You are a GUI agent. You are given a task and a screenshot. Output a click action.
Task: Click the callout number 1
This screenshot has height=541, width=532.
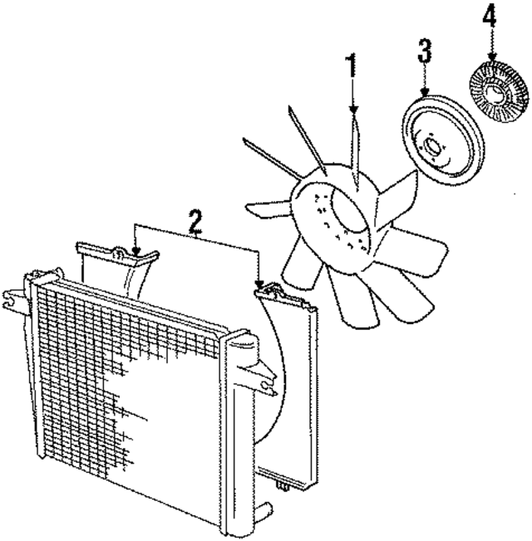tap(352, 66)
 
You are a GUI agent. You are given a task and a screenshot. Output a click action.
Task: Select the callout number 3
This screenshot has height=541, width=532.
tap(425, 51)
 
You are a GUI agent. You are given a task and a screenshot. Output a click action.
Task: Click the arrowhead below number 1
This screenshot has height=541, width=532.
tap(353, 110)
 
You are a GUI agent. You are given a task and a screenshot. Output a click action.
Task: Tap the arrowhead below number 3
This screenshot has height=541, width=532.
tap(425, 91)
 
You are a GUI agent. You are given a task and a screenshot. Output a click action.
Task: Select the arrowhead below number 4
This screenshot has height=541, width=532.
tap(492, 56)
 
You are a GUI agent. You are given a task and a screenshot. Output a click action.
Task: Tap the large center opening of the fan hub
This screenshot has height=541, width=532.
tap(348, 210)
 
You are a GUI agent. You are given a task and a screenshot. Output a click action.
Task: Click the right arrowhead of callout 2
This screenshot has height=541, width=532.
tap(259, 284)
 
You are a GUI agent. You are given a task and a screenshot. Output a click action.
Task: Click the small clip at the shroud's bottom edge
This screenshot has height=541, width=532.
tap(283, 486)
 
